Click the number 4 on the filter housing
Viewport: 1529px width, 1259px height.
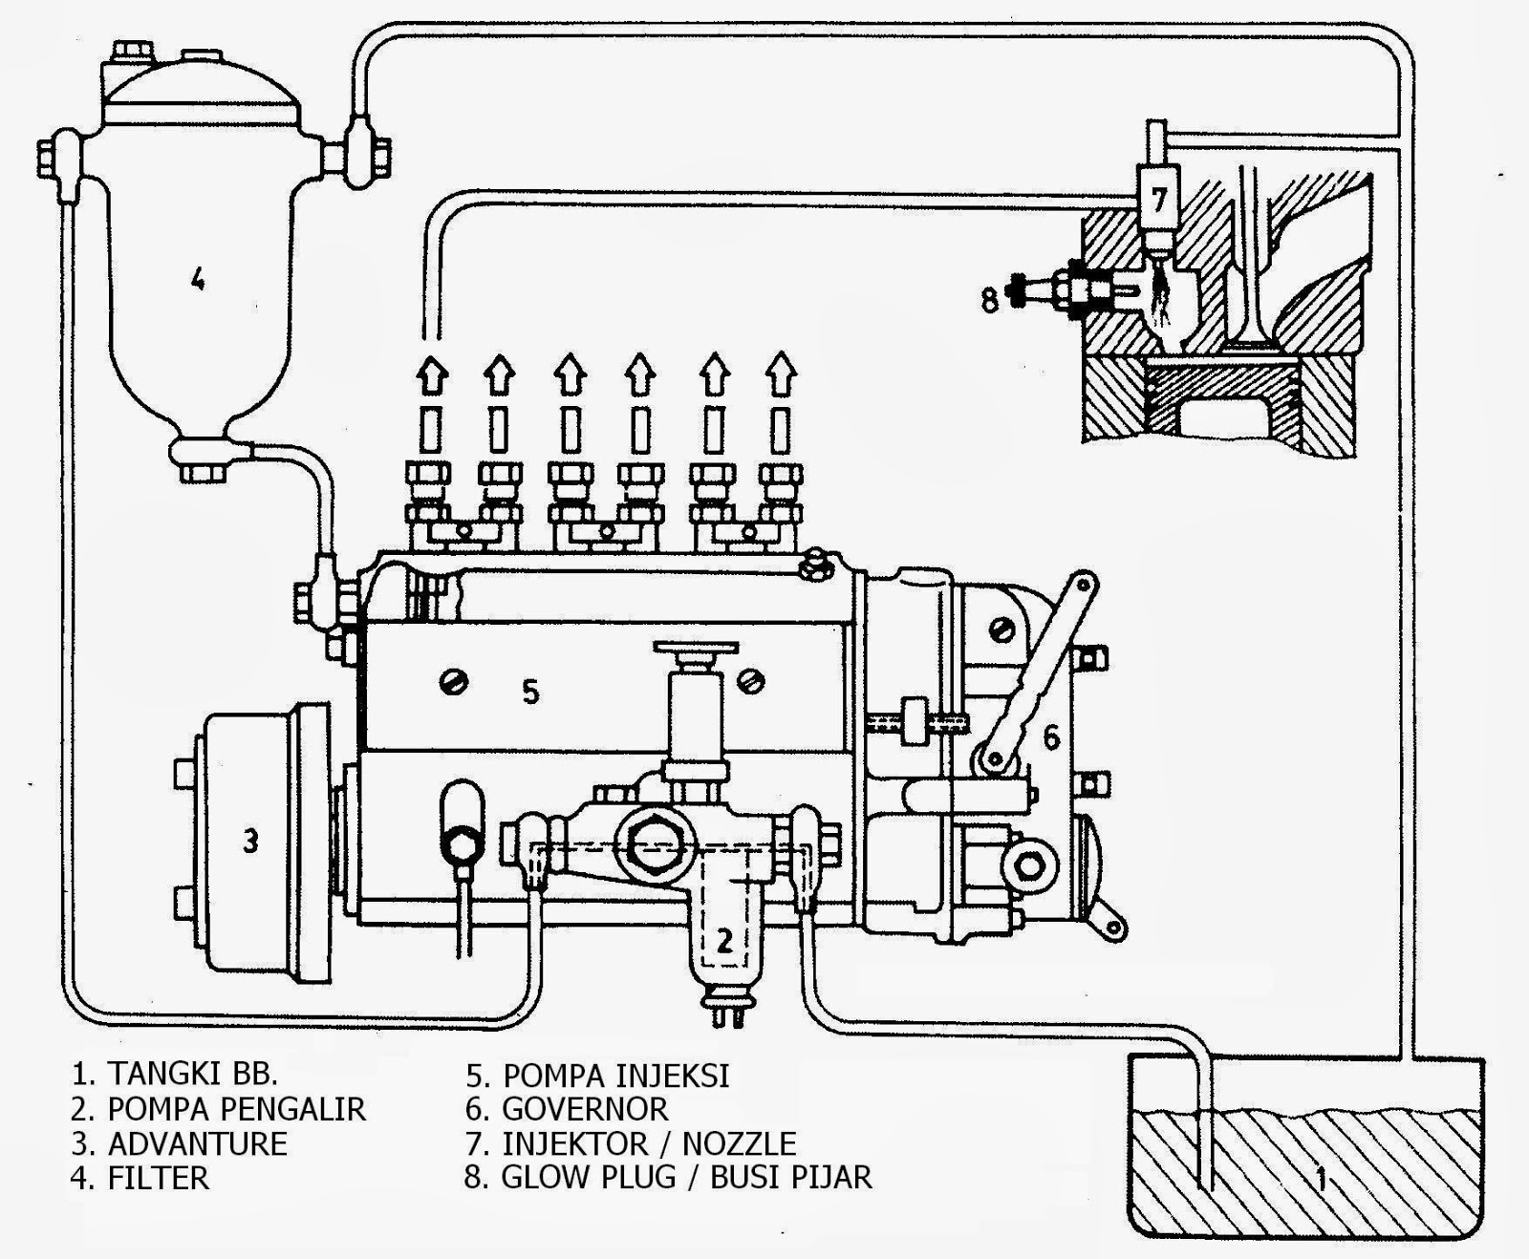click(197, 279)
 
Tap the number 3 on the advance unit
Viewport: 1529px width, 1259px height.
click(249, 842)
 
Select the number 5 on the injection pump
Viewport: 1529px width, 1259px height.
click(530, 690)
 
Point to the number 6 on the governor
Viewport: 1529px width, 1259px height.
click(1051, 736)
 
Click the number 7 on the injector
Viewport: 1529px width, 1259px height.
click(1158, 199)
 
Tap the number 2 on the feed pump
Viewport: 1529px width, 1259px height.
click(724, 941)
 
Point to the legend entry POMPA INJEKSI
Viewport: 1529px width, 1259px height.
click(615, 1075)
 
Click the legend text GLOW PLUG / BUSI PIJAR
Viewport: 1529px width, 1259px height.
click(686, 1177)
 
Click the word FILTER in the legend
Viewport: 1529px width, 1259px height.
click(158, 1177)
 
